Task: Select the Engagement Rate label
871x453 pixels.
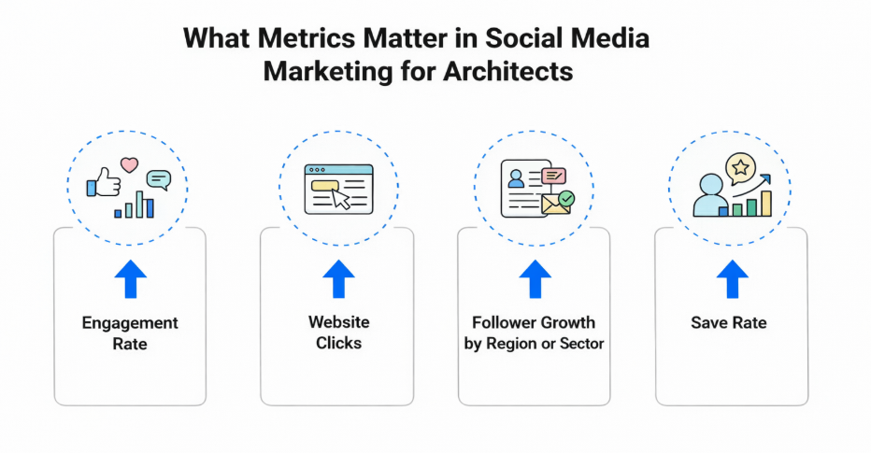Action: pyautogui.click(x=130, y=333)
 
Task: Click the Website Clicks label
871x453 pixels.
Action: pyautogui.click(x=338, y=333)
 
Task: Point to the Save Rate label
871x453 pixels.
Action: pyautogui.click(x=729, y=323)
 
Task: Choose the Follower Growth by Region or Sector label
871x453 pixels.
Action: pyautogui.click(x=534, y=333)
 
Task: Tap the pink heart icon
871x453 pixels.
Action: pyautogui.click(x=130, y=165)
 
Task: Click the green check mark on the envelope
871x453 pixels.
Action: pyautogui.click(x=565, y=198)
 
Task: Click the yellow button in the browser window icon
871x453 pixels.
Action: pyautogui.click(x=323, y=185)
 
